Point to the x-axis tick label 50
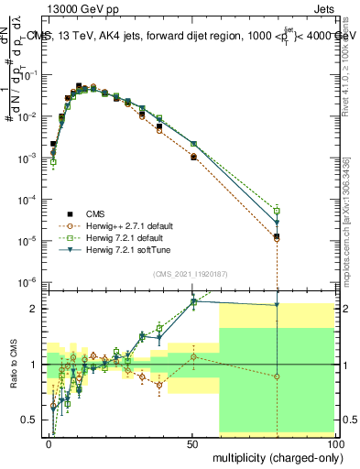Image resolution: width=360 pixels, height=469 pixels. click(x=191, y=443)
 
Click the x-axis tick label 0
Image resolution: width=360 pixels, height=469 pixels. click(x=49, y=443)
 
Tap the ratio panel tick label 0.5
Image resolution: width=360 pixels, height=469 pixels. click(x=33, y=420)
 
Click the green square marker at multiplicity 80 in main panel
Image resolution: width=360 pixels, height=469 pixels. click(x=278, y=212)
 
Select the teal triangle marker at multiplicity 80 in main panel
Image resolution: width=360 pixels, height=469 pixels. click(x=278, y=223)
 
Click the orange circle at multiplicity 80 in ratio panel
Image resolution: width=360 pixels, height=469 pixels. click(x=278, y=376)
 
